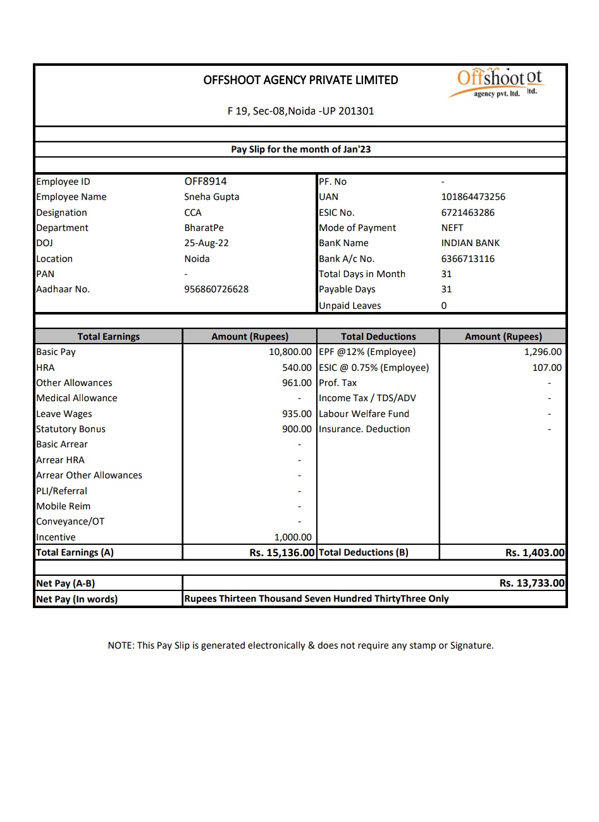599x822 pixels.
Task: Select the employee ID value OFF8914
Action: (206, 182)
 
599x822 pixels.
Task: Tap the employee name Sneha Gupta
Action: (212, 197)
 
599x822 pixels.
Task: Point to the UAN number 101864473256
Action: (473, 197)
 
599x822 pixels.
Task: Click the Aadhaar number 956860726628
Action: (216, 289)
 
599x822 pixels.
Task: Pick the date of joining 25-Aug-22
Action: (206, 243)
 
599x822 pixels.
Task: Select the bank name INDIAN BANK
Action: (471, 243)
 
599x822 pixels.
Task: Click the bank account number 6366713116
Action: (468, 259)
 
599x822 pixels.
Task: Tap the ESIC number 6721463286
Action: (468, 213)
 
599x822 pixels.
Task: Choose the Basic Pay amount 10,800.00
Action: (290, 352)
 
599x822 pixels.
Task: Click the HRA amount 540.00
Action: (297, 368)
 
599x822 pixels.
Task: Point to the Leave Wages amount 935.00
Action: (297, 414)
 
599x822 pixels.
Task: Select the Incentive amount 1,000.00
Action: (293, 537)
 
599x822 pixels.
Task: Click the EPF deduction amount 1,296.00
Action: (543, 352)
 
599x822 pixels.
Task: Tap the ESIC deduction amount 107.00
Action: (547, 368)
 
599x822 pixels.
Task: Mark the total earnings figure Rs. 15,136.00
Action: (281, 552)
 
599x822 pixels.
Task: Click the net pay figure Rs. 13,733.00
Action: (531, 583)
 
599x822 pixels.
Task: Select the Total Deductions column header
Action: (378, 337)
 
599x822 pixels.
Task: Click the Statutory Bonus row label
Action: (71, 429)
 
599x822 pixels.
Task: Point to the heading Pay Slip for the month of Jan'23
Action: (300, 149)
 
